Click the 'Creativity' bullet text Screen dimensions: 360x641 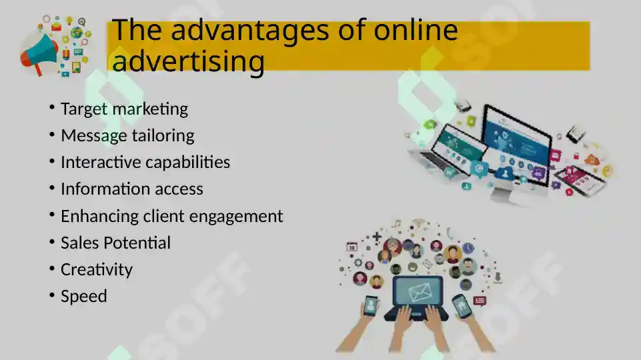[x=97, y=269]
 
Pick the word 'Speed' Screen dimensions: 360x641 [x=84, y=296]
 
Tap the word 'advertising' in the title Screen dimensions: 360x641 [x=189, y=61]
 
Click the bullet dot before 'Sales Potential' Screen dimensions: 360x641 [x=52, y=242]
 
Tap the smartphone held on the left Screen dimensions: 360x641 [x=370, y=306]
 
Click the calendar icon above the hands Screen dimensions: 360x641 [x=352, y=246]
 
